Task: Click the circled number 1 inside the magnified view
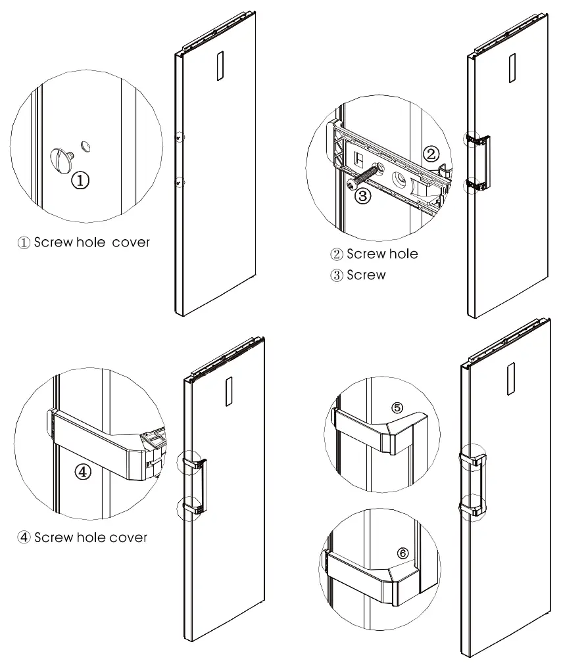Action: (80, 180)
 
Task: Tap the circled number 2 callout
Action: (430, 155)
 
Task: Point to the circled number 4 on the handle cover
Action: (83, 472)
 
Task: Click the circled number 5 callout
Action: (397, 407)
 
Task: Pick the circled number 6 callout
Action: (402, 553)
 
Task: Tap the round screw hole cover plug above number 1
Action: (62, 159)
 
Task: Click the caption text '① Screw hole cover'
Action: (84, 242)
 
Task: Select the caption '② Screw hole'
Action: (374, 254)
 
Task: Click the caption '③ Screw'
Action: (358, 275)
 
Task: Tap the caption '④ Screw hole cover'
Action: (82, 538)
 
